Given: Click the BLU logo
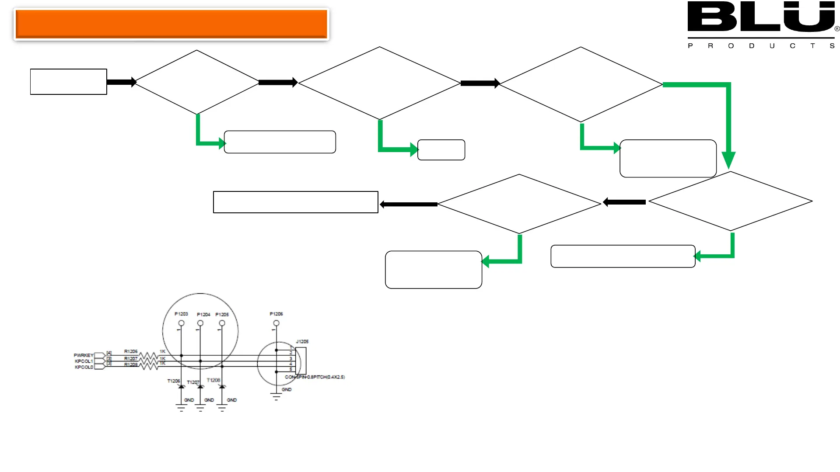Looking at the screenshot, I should (x=761, y=17).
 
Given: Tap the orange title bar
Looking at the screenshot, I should (x=171, y=24).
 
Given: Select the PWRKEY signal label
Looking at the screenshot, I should (x=84, y=355).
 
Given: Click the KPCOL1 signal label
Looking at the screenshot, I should (x=84, y=361).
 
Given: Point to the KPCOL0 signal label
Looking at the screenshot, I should (x=84, y=367).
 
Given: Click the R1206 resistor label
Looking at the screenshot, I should (x=131, y=351).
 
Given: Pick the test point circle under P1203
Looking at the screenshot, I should (x=181, y=323).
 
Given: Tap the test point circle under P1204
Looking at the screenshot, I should (x=200, y=323).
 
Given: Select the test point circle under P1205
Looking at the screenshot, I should (x=222, y=323).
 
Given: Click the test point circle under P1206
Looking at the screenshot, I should (x=276, y=323).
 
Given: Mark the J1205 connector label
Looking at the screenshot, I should (x=302, y=341).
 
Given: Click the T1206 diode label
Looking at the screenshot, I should (x=173, y=381).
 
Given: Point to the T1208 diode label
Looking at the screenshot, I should (x=213, y=380).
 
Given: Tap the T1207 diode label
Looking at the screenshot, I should (x=193, y=382).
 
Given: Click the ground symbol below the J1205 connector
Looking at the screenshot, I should (x=276, y=397).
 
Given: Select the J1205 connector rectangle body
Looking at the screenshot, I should (x=301, y=361).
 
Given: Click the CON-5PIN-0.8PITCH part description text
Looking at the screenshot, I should (x=315, y=377).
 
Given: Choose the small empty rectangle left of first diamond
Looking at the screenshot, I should (x=68, y=82).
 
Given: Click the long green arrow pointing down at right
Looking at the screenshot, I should (x=728, y=127).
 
